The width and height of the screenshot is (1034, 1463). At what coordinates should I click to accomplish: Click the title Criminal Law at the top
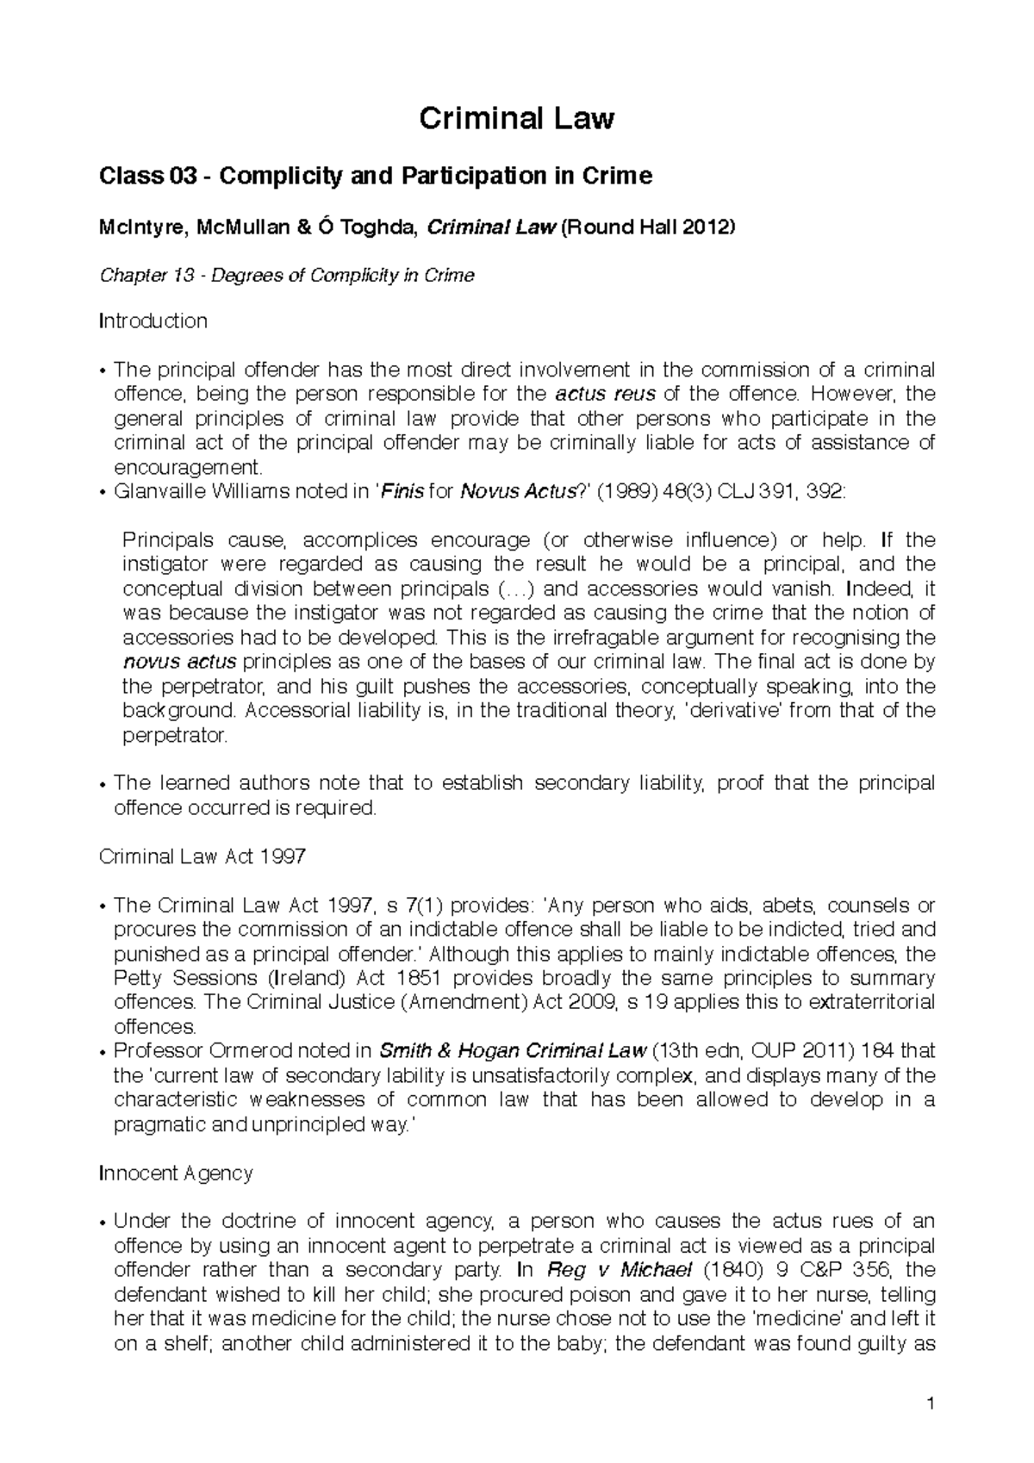[x=516, y=119]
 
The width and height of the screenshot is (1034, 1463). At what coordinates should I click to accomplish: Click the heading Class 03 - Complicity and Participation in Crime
[x=376, y=177]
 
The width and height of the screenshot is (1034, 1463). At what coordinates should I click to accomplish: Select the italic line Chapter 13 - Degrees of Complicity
[x=287, y=276]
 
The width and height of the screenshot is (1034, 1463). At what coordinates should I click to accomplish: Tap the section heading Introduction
[x=153, y=321]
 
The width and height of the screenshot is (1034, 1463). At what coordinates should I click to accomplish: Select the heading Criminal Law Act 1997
[x=202, y=857]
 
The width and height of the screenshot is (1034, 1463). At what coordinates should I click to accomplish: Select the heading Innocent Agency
[x=176, y=1174]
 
